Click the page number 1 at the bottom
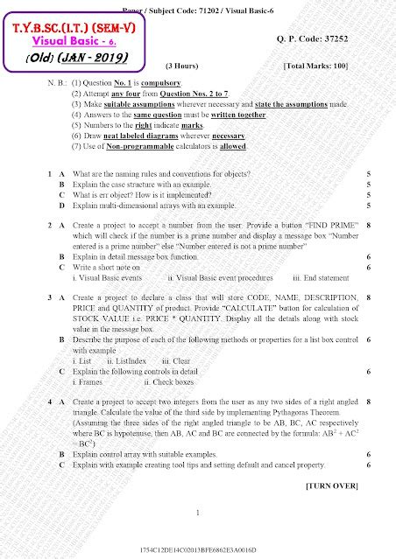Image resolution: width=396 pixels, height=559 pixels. point(200,513)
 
